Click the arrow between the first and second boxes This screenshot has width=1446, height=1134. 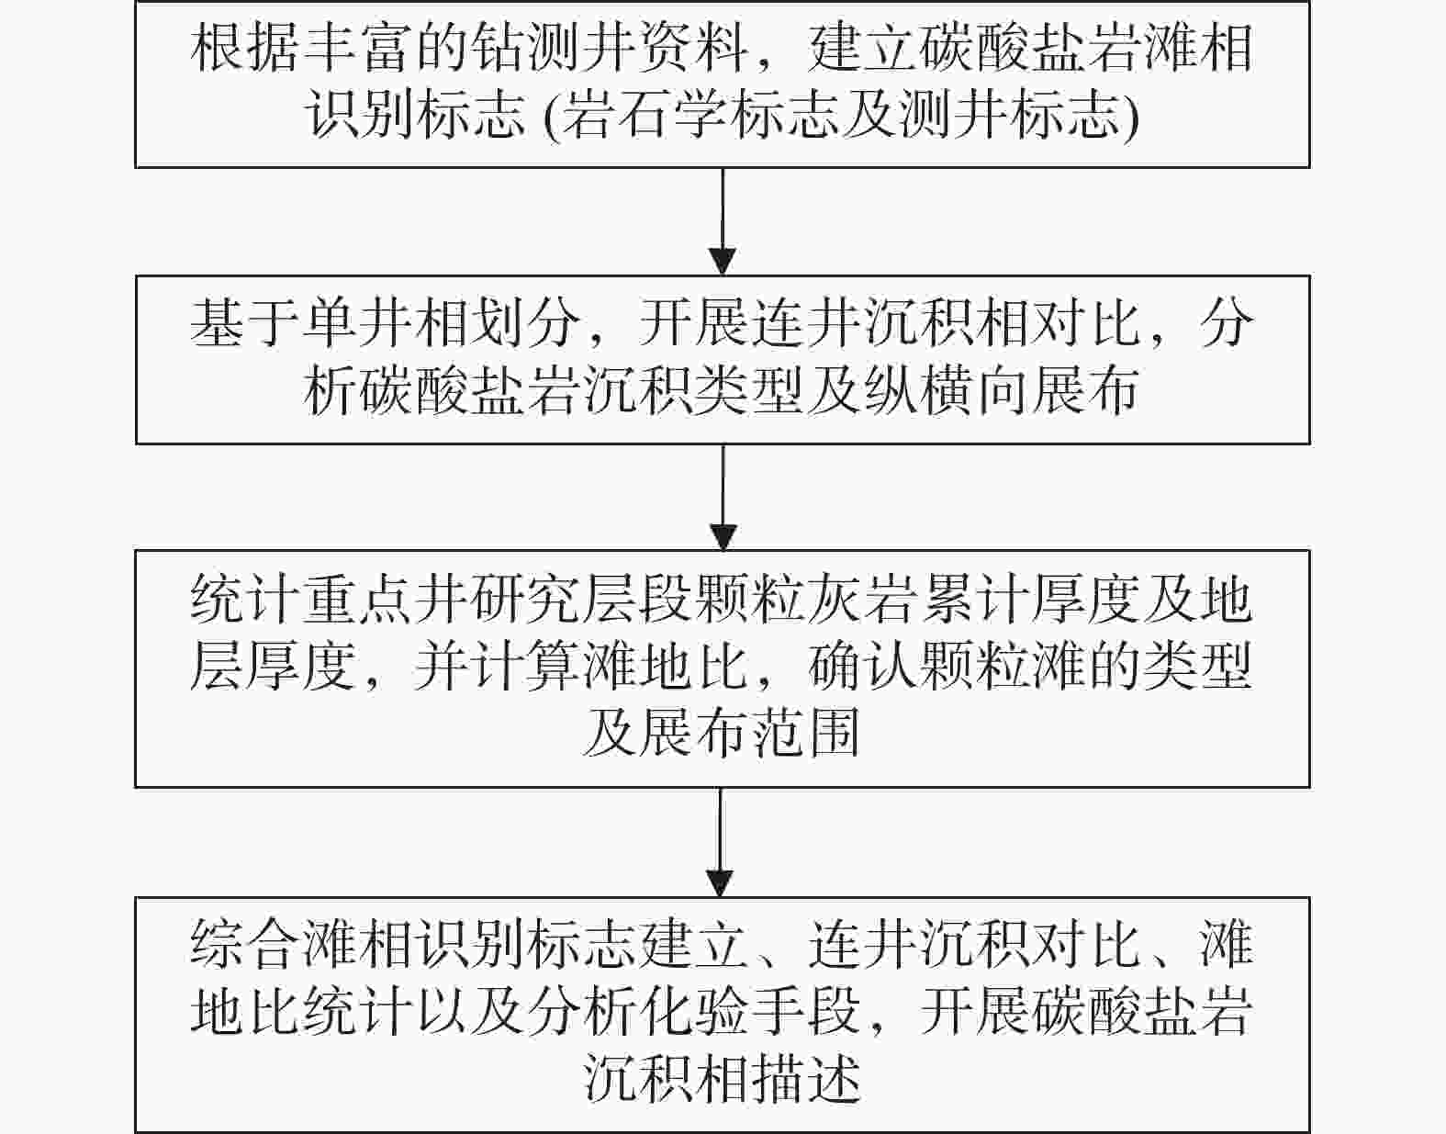723,221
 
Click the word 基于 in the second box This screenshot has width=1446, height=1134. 245,324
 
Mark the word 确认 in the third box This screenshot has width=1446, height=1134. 863,667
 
